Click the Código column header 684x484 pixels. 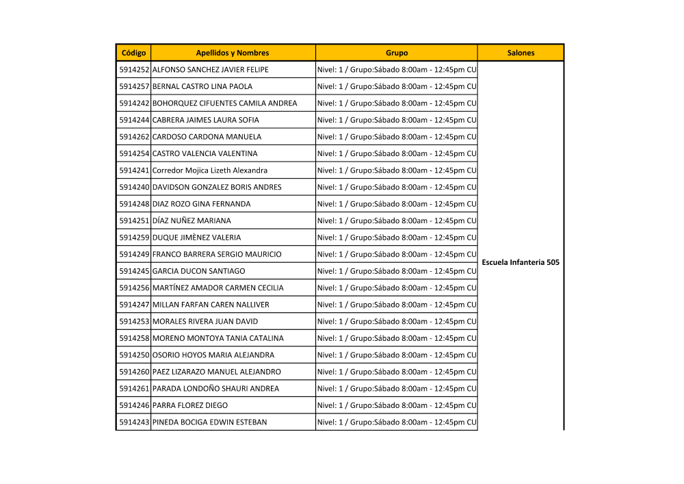[x=133, y=53]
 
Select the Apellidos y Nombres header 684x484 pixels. [x=233, y=53]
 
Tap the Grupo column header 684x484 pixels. [x=397, y=53]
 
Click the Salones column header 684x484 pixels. [x=521, y=53]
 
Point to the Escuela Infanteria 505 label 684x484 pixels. [x=521, y=262]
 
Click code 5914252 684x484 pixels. [x=134, y=70]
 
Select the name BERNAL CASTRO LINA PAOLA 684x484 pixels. [x=202, y=86]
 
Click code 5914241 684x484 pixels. [x=134, y=170]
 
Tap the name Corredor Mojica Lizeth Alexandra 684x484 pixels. [x=210, y=170]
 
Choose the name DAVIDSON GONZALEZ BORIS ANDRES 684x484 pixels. [x=217, y=187]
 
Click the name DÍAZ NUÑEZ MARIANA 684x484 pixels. [x=192, y=220]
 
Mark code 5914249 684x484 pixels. [x=134, y=254]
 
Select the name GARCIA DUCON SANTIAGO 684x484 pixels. [x=198, y=271]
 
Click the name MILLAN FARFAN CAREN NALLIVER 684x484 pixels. [x=211, y=305]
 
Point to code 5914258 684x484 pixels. [x=134, y=338]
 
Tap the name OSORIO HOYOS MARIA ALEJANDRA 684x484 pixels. [x=213, y=355]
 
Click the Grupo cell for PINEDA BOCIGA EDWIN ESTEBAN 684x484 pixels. [x=397, y=422]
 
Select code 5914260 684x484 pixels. [x=134, y=372]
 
